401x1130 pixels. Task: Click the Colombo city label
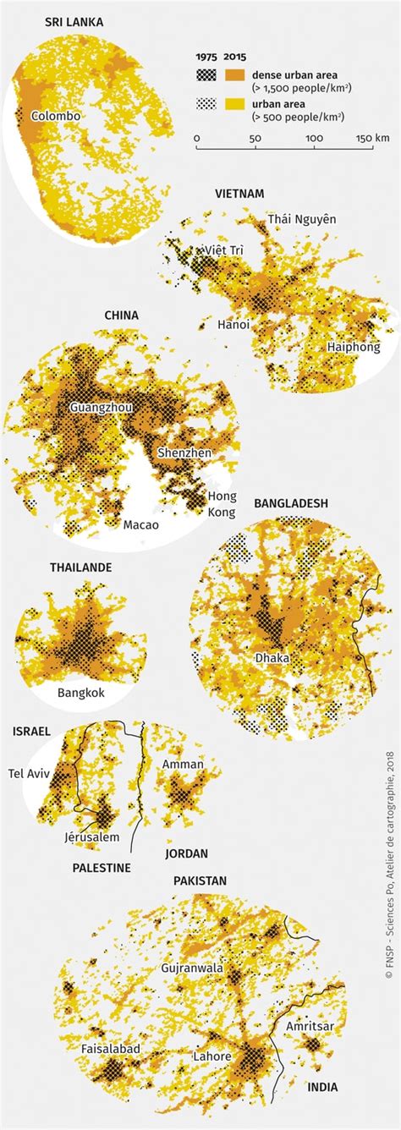56,116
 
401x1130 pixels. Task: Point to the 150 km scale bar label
372,138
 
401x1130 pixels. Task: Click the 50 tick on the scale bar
255,138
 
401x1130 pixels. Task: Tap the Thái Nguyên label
302,220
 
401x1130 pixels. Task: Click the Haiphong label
354,347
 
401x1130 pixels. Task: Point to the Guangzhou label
101,407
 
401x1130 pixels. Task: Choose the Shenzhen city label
184,453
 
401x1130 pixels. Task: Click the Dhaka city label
272,657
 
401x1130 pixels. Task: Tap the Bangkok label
80,693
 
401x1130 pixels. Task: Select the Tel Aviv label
30,772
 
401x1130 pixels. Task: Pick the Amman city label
183,765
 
